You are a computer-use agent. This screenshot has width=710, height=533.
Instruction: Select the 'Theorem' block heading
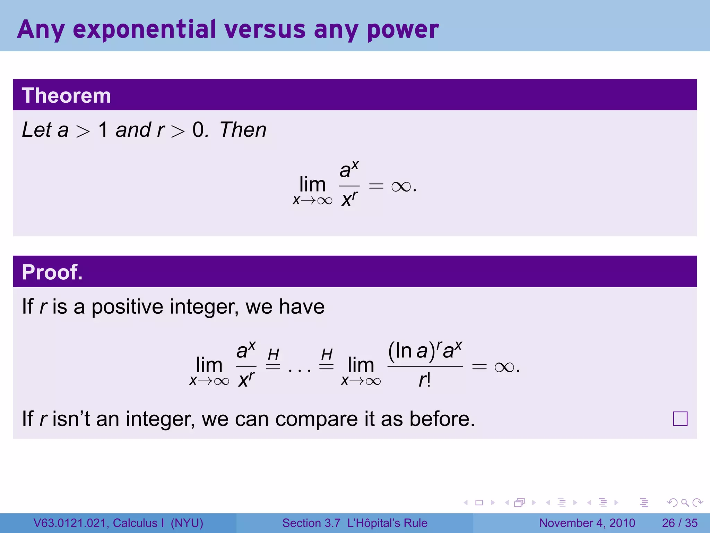66,95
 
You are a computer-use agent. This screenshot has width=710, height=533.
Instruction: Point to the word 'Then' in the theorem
243,130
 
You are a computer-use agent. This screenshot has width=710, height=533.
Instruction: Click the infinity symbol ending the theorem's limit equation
401,187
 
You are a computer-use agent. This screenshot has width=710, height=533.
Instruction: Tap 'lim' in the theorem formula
312,184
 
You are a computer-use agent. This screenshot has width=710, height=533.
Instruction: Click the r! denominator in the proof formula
424,380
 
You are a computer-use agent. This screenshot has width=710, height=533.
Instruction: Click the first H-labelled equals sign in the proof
273,361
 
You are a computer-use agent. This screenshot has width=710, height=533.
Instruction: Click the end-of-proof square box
680,418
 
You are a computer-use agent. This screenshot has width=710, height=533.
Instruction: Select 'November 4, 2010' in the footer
587,523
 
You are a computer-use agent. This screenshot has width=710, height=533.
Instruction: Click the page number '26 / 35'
679,523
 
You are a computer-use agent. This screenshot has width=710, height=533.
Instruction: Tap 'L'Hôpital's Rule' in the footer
387,523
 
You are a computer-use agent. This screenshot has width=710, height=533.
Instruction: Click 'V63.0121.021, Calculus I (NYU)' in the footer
118,523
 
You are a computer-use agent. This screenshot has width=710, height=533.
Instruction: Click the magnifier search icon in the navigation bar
685,502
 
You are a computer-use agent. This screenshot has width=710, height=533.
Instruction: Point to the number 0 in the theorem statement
198,130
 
